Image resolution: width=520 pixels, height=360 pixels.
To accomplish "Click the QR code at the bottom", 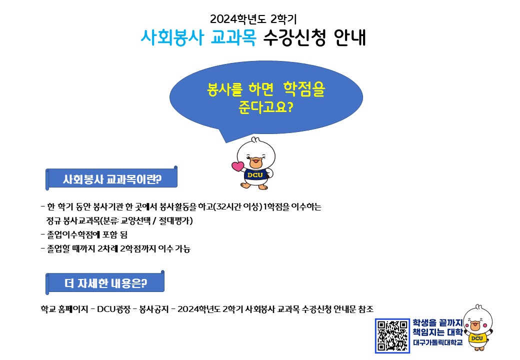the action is [392, 336].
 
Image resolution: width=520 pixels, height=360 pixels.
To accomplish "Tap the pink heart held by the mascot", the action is [237, 165].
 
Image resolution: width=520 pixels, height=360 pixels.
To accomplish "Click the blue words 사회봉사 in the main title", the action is [171, 37].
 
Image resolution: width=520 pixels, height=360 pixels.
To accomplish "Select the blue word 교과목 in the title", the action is [233, 37].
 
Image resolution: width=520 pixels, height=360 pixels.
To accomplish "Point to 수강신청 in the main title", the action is [294, 37].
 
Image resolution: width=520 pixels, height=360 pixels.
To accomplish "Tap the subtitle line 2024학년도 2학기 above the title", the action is [253, 19].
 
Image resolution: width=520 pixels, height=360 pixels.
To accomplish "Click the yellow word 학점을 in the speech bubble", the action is [304, 89].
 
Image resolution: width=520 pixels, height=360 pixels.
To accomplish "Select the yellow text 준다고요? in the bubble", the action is [265, 106].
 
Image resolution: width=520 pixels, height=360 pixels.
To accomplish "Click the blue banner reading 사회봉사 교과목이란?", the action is [111, 179].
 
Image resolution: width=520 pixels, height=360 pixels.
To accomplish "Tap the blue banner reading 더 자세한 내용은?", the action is [105, 283].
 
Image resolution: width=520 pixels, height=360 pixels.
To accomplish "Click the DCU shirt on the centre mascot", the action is [255, 174].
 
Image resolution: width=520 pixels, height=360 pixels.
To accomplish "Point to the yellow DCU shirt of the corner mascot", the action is [477, 338].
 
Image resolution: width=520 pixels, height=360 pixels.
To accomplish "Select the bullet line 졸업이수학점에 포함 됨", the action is [84, 234].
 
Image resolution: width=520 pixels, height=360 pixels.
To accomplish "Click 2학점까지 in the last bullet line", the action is [138, 248].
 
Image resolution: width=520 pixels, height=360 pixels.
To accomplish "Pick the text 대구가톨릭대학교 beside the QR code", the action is [437, 342].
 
